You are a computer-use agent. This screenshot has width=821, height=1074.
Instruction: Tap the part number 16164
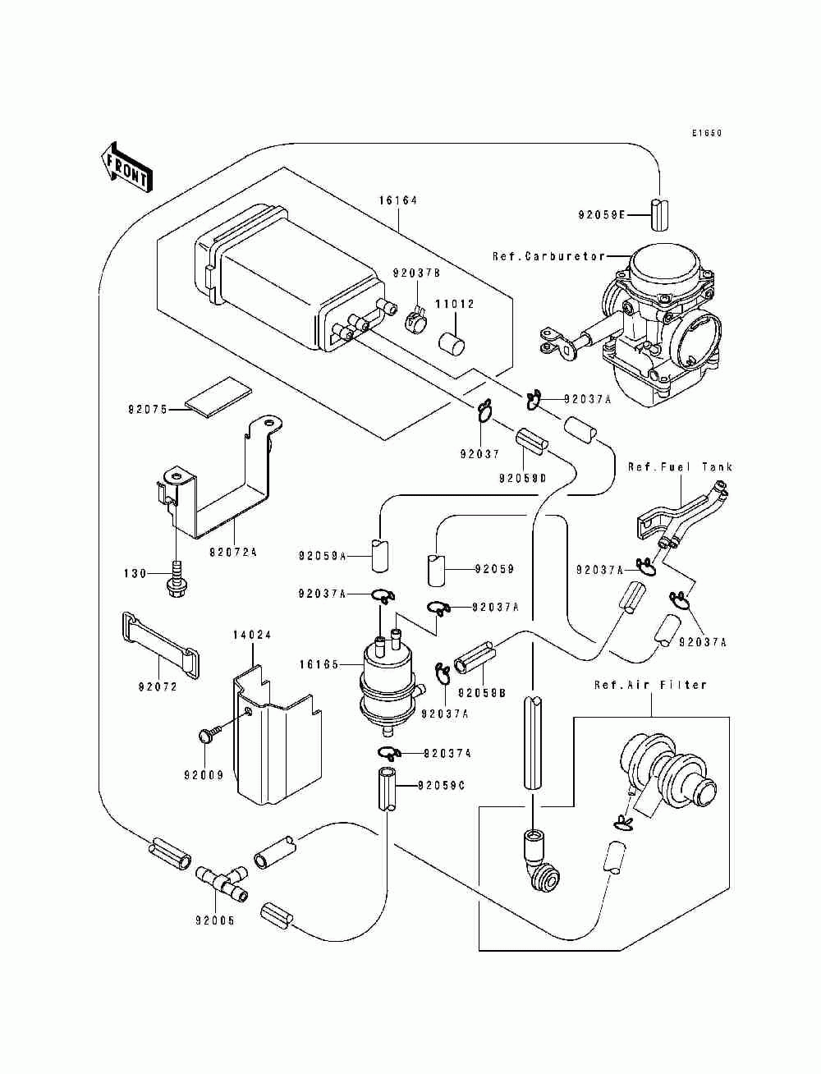pos(398,200)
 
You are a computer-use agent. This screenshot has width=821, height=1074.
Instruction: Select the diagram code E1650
pos(707,132)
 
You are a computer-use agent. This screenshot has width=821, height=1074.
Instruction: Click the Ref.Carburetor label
pos(548,256)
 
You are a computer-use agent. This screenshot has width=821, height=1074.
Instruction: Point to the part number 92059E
pos(601,215)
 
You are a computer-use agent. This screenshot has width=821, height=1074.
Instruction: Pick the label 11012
pos(455,304)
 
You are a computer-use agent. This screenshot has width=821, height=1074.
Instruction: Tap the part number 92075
pos(149,409)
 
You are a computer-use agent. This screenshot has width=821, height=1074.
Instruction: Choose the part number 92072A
pos(233,552)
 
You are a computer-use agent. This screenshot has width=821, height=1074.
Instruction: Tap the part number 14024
pos(252,635)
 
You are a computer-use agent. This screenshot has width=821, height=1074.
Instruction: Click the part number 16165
pos(319,664)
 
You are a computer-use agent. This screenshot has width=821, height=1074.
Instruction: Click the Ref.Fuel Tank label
pos(680,466)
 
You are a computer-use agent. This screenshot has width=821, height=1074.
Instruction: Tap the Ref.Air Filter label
pos(651,685)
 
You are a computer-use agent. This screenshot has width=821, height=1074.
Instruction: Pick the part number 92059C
pos(441,785)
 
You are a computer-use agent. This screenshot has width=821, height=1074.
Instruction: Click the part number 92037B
pos(416,273)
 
